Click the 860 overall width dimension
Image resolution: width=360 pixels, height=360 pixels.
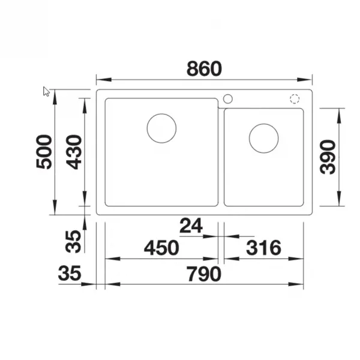pyautogui.click(x=204, y=68)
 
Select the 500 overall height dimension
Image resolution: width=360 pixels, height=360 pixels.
pyautogui.click(x=44, y=152)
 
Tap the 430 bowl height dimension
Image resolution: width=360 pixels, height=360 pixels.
pyautogui.click(x=74, y=152)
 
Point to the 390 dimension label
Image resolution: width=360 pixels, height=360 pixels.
pyautogui.click(x=328, y=157)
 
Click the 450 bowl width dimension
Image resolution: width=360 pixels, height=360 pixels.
pyautogui.click(x=161, y=248)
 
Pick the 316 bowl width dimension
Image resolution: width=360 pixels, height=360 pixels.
pyautogui.click(x=263, y=248)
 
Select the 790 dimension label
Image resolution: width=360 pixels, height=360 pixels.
pyautogui.click(x=204, y=274)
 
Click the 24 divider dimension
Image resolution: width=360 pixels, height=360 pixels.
pyautogui.click(x=191, y=226)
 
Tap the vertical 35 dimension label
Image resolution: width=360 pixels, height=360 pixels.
pyautogui.click(x=73, y=242)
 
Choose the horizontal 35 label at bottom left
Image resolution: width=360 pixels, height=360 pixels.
pyautogui.click(x=70, y=273)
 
